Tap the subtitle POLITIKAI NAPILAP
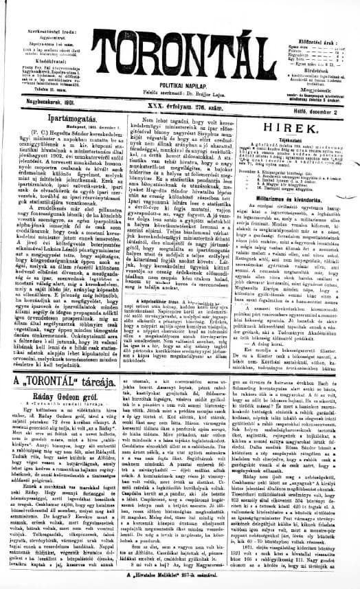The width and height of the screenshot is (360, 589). (x=181, y=80)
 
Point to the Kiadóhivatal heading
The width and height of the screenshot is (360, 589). (x=52, y=60)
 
